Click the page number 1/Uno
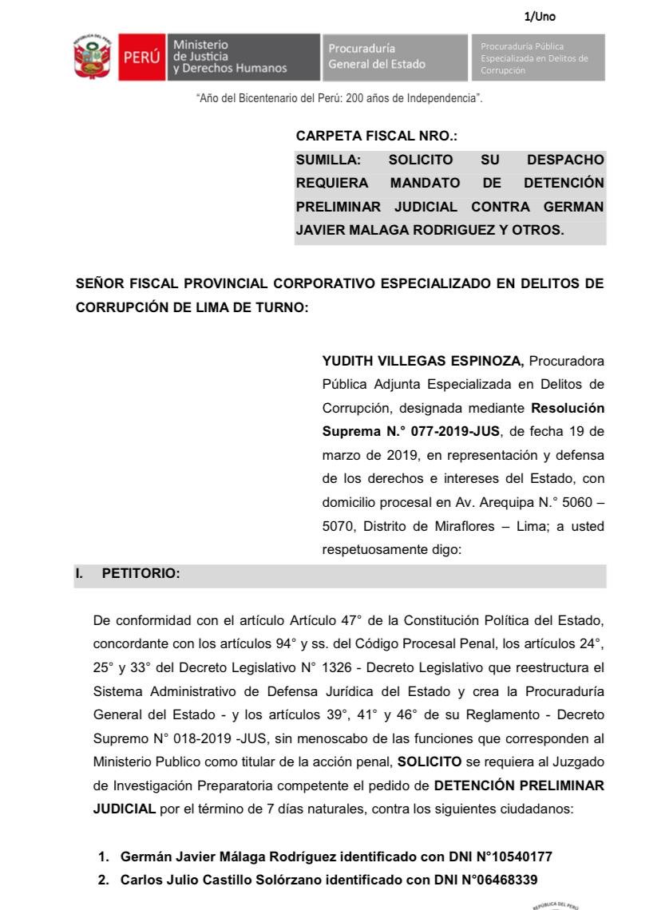540,16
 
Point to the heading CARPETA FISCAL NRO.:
376,136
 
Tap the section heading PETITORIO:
141,576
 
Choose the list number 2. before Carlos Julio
104,880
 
